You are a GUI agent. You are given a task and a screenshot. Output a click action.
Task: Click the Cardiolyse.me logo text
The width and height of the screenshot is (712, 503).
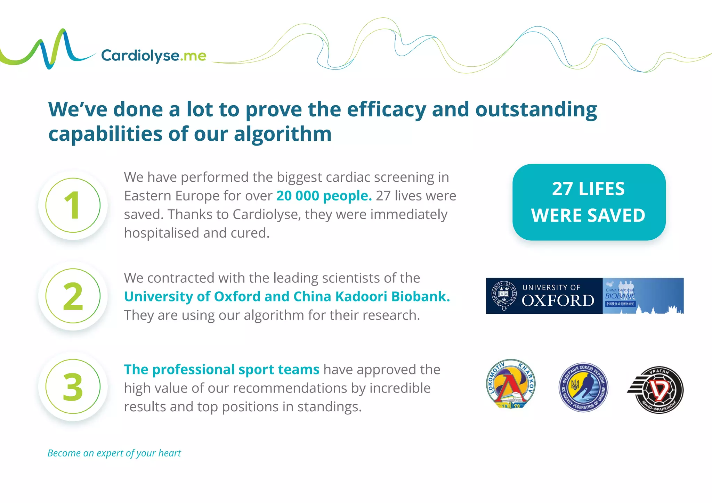[154, 56]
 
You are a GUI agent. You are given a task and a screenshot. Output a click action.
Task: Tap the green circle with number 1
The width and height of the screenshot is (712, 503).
[73, 205]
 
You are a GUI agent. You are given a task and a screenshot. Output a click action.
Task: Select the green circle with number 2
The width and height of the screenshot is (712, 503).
[73, 296]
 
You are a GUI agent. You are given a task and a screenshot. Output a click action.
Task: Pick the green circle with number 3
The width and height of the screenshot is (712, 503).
[73, 387]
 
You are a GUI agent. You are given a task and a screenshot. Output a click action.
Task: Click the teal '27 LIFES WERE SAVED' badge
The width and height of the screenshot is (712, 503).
[589, 202]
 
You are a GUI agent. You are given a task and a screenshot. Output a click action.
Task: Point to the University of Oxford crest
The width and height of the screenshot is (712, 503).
[504, 296]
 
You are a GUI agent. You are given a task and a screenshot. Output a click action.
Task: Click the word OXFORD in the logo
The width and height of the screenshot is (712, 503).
[558, 301]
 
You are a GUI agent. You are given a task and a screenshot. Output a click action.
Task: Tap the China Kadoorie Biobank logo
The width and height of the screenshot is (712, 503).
[642, 296]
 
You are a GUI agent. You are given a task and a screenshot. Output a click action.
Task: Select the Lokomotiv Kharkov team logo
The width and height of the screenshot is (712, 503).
[510, 384]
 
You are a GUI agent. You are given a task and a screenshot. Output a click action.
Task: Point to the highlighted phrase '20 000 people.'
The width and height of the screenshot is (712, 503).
[324, 196]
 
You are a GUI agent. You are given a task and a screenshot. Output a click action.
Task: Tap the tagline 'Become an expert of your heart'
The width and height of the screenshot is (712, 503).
[114, 453]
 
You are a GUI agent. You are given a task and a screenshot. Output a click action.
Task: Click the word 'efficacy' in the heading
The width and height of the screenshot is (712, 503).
[386, 110]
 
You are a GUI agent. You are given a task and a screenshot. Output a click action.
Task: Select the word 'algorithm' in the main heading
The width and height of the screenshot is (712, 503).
[283, 134]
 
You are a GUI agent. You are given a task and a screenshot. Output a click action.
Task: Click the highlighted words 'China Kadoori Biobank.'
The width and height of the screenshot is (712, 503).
[372, 297]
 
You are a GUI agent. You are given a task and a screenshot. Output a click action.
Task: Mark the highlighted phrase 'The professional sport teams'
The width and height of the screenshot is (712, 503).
[221, 370]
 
